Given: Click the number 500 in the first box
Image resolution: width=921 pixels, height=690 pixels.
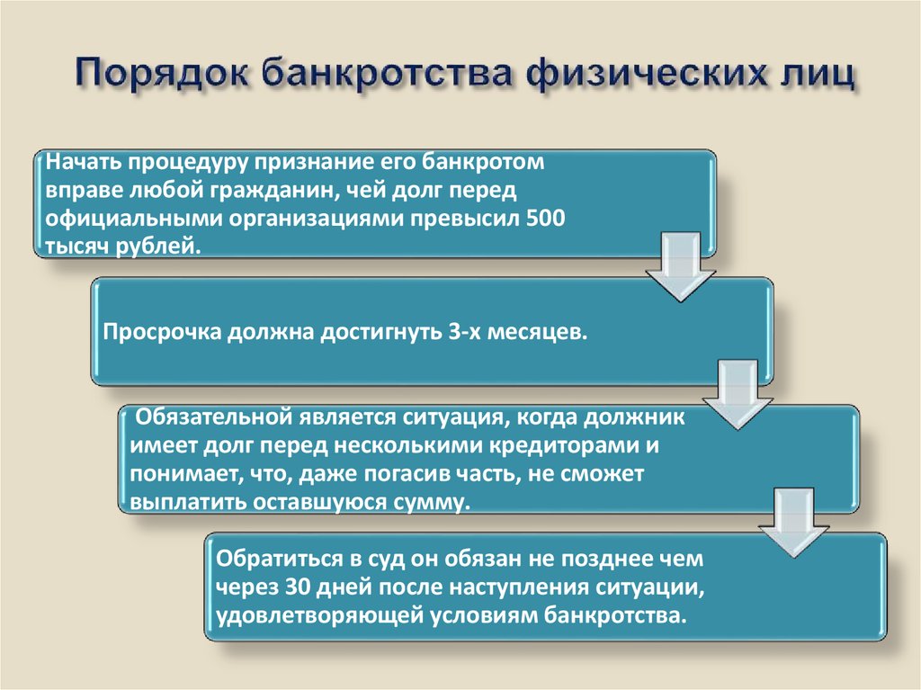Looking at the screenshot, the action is coord(547,219).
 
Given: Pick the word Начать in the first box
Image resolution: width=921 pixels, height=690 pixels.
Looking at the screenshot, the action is coord(83,164).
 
